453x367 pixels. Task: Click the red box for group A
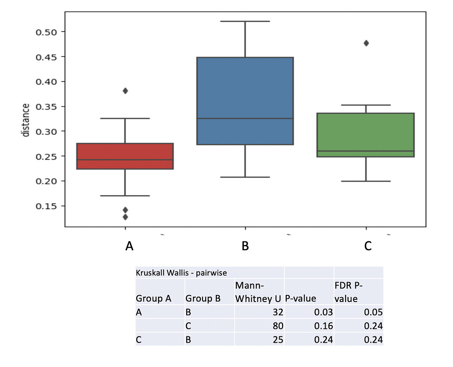point(125,156)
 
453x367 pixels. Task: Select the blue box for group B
point(245,101)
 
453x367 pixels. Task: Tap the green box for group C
point(366,135)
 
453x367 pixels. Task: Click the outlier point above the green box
point(366,43)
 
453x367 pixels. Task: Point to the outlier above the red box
point(125,91)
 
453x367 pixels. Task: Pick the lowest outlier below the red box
point(125,217)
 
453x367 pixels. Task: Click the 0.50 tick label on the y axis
point(44,32)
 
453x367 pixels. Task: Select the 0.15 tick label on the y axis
point(44,206)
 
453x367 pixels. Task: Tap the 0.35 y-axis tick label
point(44,107)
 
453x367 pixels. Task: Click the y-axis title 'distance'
point(27,120)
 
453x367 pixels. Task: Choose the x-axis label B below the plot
point(245,246)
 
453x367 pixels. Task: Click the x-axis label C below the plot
point(368,246)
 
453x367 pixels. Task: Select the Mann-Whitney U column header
point(258,292)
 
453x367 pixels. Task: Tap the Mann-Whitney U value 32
point(277,312)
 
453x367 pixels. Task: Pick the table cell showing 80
point(277,326)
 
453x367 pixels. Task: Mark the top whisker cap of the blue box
point(245,21)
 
